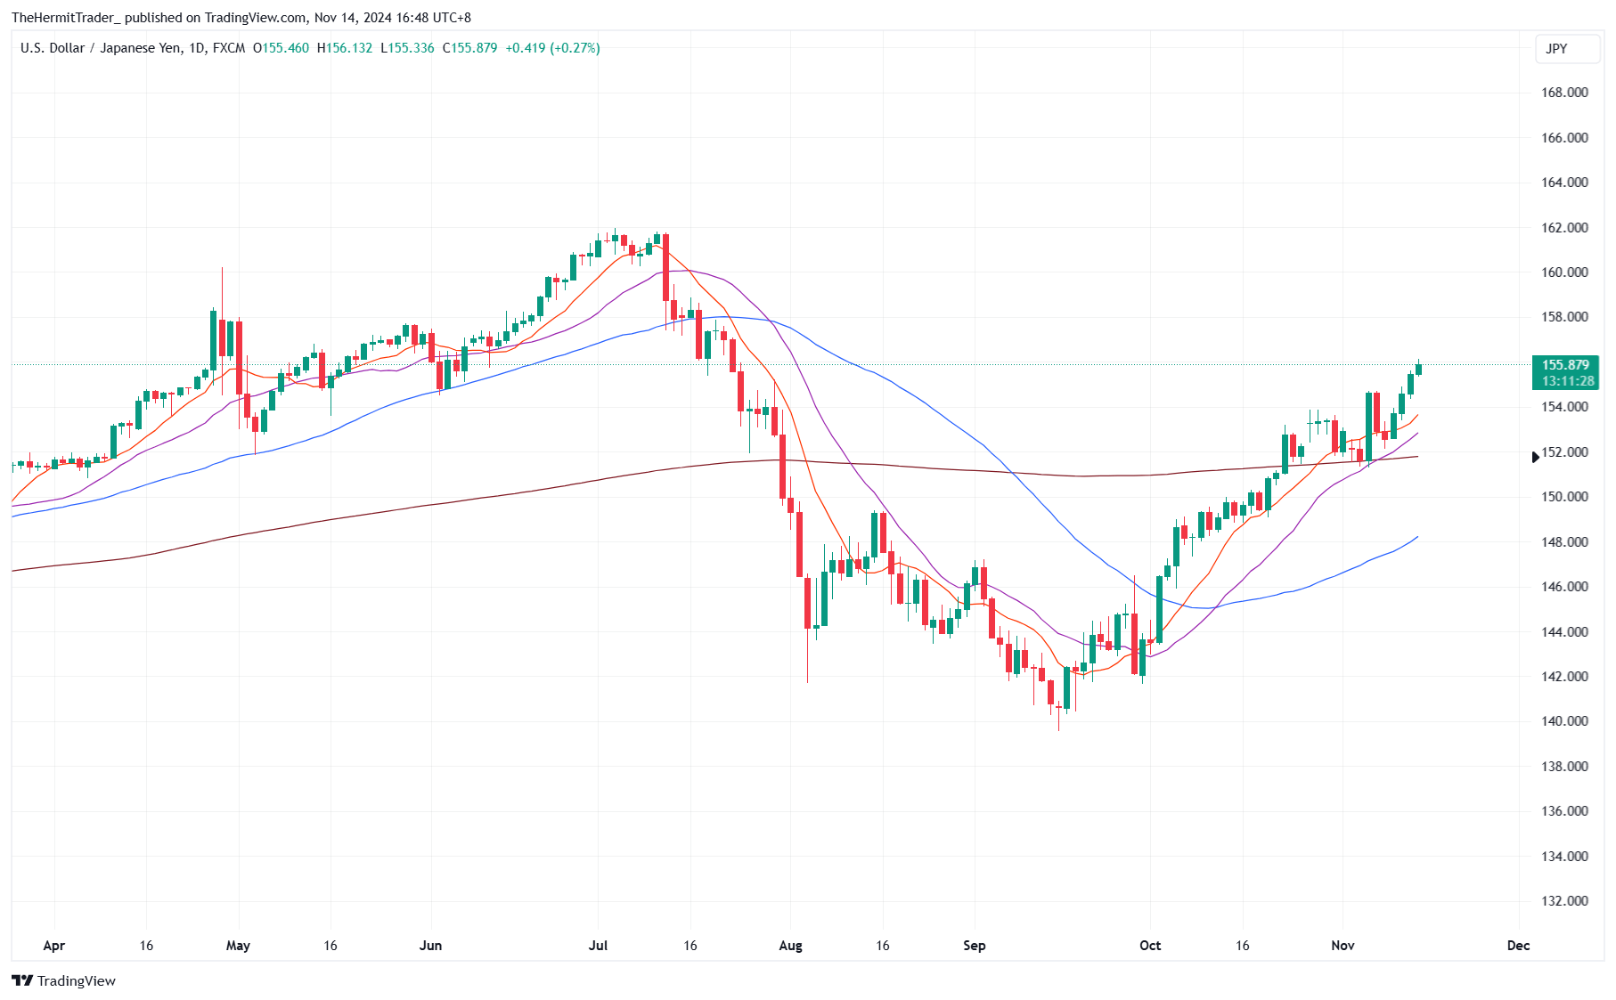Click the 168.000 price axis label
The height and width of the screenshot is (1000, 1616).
click(x=1564, y=93)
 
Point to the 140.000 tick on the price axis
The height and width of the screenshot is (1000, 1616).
click(x=1564, y=721)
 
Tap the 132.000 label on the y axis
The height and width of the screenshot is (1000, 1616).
click(x=1564, y=901)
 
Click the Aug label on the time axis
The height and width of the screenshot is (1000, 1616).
click(x=790, y=946)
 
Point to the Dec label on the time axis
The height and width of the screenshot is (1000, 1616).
click(x=1518, y=946)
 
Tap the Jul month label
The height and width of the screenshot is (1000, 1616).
click(x=598, y=946)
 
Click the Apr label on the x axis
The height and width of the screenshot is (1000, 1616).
click(x=53, y=946)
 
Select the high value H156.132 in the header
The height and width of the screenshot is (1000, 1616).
click(x=345, y=48)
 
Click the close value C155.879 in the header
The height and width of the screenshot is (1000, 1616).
click(x=469, y=48)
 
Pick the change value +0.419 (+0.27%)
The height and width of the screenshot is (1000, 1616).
click(x=552, y=48)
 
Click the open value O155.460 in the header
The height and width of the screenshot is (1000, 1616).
click(x=281, y=48)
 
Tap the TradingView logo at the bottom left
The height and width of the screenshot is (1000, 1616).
click(x=64, y=980)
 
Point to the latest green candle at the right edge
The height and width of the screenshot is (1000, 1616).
click(x=1418, y=369)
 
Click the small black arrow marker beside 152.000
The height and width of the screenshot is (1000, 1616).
click(x=1535, y=457)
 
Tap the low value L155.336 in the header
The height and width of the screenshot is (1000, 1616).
click(x=407, y=48)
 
